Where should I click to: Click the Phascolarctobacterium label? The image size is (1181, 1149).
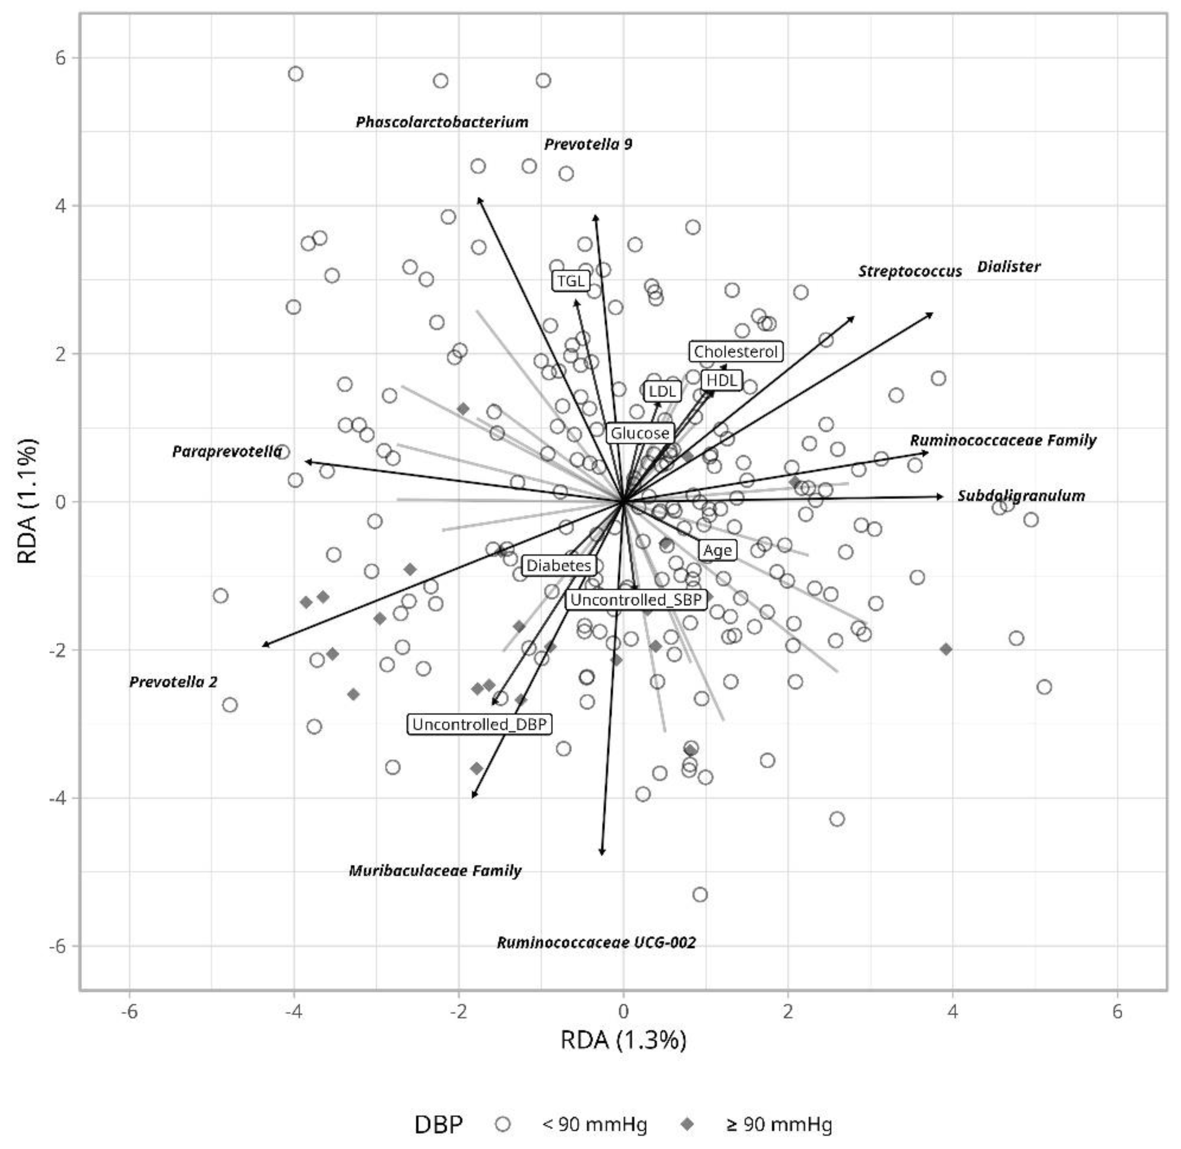(x=442, y=123)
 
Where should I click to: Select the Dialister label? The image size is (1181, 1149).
(x=1009, y=267)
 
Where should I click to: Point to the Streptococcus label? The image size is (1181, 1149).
(x=910, y=272)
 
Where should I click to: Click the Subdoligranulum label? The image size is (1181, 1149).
(x=1021, y=496)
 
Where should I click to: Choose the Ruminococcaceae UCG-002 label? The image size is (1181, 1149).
(x=595, y=943)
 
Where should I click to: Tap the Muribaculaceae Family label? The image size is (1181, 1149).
(x=435, y=871)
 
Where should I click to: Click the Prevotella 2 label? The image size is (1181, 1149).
(x=173, y=682)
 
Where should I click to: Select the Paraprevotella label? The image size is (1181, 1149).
(x=227, y=451)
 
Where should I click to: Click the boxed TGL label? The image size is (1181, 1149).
(x=570, y=281)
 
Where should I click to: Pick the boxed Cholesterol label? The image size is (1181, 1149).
(x=736, y=351)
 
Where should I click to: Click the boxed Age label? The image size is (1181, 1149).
(x=717, y=550)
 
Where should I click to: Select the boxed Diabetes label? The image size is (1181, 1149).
(x=559, y=566)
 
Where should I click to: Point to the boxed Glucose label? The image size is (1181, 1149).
(x=639, y=433)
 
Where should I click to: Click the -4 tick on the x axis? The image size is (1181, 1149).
(x=294, y=1011)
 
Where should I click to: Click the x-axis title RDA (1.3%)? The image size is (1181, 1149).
(x=623, y=1040)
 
